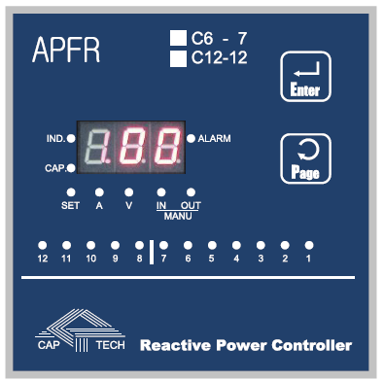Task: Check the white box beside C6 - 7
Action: (178, 39)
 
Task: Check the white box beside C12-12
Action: (178, 59)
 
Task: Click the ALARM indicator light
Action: (191, 138)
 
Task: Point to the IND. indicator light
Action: (71, 138)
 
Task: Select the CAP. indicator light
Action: (71, 167)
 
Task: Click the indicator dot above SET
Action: (71, 191)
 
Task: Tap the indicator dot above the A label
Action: (99, 191)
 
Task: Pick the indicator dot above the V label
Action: (127, 191)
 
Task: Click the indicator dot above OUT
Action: (191, 191)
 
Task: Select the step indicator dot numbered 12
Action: (43, 244)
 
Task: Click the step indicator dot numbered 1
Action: (309, 244)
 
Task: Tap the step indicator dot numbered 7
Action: (163, 244)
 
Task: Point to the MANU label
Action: (176, 215)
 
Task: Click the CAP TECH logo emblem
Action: (81, 329)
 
